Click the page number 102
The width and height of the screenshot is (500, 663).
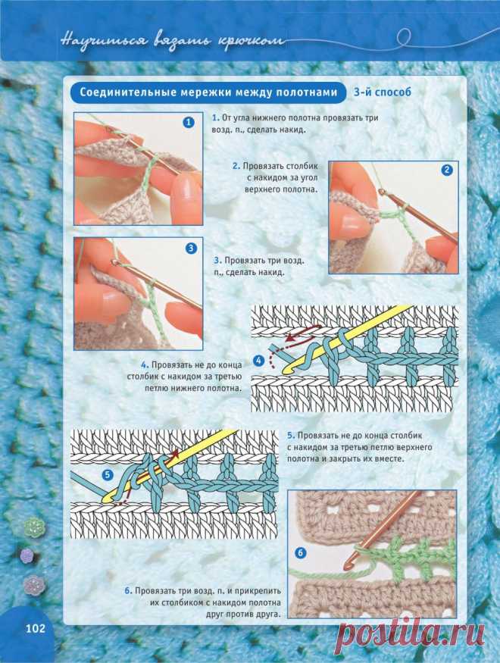click(36, 628)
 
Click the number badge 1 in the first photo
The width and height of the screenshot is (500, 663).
click(189, 123)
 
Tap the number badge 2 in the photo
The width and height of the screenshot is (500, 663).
click(447, 170)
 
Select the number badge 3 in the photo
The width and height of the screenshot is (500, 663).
click(191, 249)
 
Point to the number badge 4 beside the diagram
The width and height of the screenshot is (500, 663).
click(258, 361)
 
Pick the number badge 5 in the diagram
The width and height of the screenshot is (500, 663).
click(108, 475)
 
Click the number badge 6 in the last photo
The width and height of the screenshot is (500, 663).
click(301, 552)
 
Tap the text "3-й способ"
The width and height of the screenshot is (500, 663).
click(382, 92)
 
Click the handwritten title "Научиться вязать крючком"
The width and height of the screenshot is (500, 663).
click(172, 41)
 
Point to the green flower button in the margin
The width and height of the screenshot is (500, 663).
click(34, 527)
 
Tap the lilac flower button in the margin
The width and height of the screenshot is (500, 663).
click(27, 555)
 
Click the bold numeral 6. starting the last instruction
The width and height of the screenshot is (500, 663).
click(128, 591)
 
